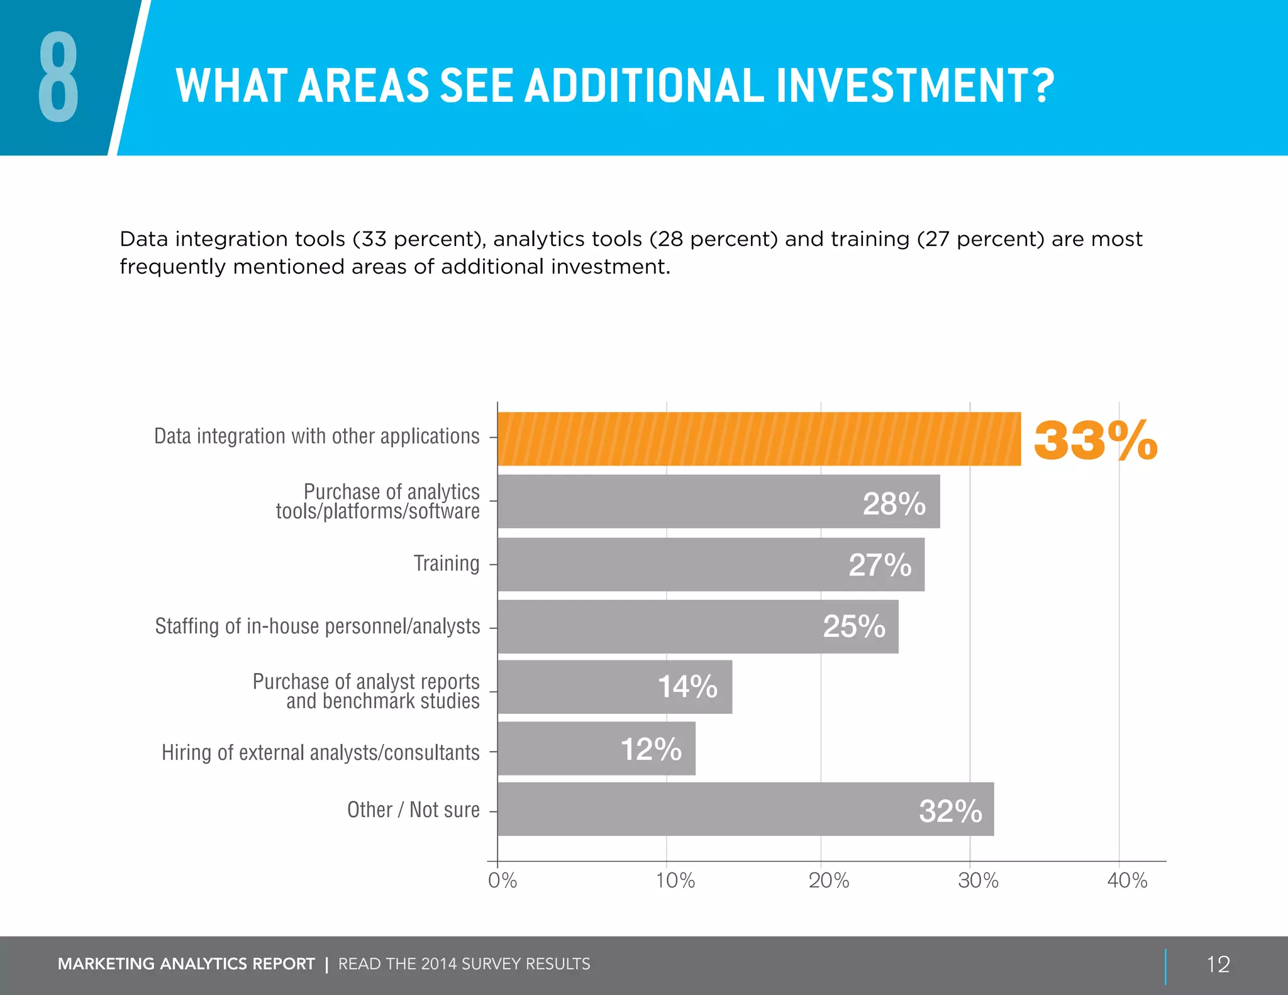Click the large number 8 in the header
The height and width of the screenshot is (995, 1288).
(58, 78)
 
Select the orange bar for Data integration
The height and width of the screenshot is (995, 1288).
(758, 439)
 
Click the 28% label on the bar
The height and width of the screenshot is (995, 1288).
(894, 504)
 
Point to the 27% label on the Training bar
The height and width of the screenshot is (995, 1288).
(879, 565)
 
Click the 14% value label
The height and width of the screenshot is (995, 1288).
(687, 687)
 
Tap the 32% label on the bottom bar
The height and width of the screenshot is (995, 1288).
(950, 811)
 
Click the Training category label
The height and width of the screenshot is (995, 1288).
(446, 564)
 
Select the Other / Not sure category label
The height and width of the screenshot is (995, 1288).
(413, 810)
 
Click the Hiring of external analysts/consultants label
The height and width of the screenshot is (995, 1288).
(320, 753)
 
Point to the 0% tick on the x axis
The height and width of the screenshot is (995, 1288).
(502, 881)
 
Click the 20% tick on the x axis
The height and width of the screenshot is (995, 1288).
(828, 881)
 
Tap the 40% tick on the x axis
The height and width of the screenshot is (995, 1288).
(1126, 881)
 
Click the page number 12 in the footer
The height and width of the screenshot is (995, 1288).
(1218, 964)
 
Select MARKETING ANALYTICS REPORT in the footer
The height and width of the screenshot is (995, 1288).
(186, 964)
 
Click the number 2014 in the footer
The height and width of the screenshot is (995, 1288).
(438, 964)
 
